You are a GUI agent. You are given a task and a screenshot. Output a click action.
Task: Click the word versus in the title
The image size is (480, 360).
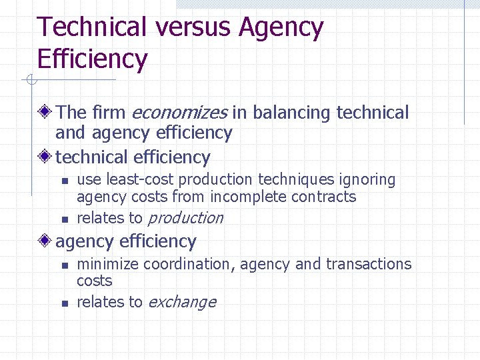click(193, 28)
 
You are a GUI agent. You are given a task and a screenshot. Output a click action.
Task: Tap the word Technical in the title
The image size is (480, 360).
click(92, 28)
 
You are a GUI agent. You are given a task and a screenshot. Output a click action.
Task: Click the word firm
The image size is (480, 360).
click(109, 113)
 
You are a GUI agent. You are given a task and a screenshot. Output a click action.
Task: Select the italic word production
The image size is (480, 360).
click(185, 218)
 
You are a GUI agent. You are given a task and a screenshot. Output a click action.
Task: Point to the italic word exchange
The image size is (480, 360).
click(182, 302)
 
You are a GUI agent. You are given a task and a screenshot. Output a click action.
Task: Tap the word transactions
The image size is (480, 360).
click(369, 264)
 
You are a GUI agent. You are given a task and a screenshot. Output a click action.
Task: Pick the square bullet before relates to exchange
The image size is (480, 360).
click(64, 303)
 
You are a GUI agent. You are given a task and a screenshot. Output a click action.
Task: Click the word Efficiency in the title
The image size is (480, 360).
click(92, 59)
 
